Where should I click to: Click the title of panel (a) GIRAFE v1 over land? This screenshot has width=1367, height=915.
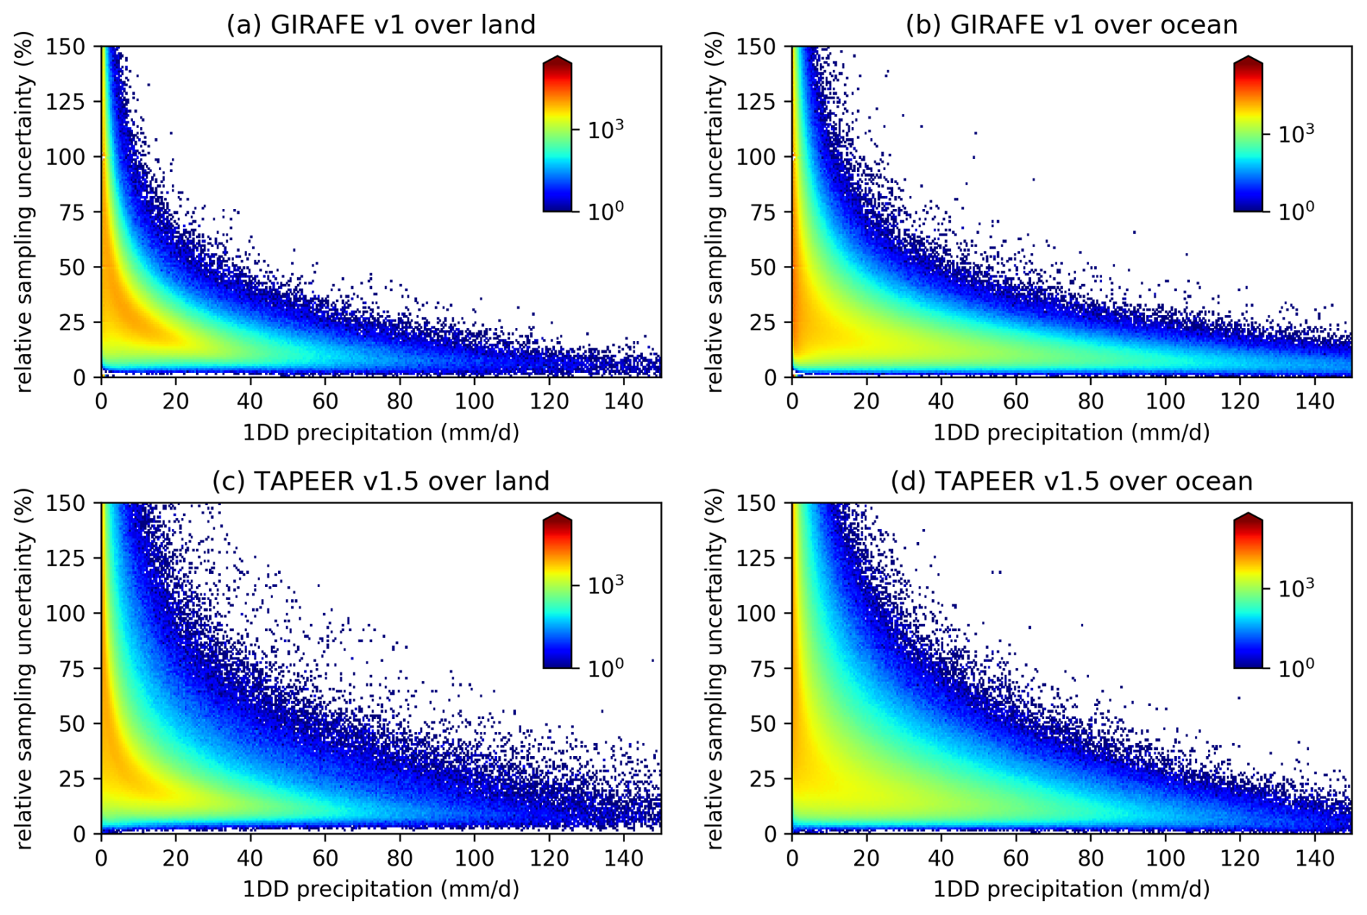(381, 25)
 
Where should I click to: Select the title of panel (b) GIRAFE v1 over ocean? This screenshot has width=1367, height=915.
(1071, 25)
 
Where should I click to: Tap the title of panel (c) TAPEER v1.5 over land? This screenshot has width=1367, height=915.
(381, 481)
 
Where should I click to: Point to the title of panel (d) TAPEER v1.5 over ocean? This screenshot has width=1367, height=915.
(1071, 481)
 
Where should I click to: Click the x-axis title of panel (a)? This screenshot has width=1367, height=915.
(381, 433)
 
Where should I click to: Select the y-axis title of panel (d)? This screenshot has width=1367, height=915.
(714, 668)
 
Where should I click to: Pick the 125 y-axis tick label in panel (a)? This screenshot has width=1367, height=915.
(66, 102)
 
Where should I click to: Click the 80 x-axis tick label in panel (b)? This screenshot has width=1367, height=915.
(1090, 401)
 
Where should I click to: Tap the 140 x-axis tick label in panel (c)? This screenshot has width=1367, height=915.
(624, 858)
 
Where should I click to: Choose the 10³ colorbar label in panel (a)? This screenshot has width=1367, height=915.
(605, 130)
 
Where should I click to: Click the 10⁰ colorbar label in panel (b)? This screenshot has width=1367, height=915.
(1295, 212)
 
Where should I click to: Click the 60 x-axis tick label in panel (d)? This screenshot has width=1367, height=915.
(1016, 858)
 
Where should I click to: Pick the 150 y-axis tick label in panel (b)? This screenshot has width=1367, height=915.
(756, 47)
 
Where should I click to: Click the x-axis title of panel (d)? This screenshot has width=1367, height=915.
(1071, 889)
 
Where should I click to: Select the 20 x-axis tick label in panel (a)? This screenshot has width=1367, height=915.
(176, 401)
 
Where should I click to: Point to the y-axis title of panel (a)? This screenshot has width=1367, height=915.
(24, 212)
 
